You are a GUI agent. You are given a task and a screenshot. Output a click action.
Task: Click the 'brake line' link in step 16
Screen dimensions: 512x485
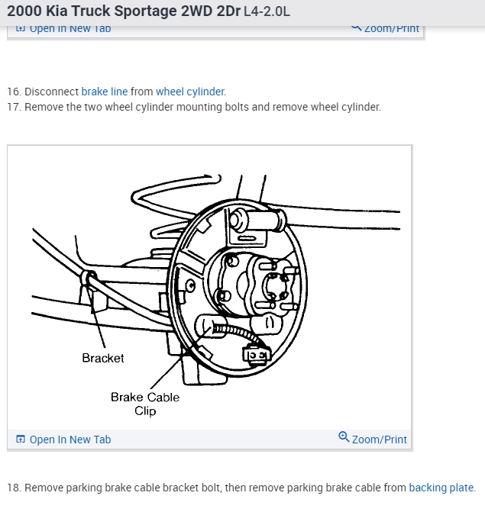coord(105,92)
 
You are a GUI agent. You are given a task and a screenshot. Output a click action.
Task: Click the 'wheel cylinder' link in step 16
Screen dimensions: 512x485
coord(190,92)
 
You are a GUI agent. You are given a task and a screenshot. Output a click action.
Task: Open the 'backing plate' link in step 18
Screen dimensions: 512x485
coord(441,488)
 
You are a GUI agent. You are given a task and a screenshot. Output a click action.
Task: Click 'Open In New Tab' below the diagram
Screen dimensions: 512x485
coord(70,440)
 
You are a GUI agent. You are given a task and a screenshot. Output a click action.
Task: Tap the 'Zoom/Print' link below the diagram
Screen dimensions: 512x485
coord(379,440)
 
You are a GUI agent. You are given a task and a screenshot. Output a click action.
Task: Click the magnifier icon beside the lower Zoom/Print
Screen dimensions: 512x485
coord(344,438)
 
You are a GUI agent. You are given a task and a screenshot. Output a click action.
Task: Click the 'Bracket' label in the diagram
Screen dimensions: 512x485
coord(103,358)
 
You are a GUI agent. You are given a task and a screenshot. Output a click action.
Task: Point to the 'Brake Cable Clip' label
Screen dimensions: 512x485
coord(145,404)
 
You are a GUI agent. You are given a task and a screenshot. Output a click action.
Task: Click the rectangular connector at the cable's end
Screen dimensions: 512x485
coord(255,353)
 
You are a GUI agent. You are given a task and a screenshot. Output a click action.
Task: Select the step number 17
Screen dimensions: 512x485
coord(13,107)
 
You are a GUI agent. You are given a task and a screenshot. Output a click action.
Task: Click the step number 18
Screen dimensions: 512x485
coord(13,488)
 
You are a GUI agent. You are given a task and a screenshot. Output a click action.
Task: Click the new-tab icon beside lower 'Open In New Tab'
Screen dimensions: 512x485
coord(21,440)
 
